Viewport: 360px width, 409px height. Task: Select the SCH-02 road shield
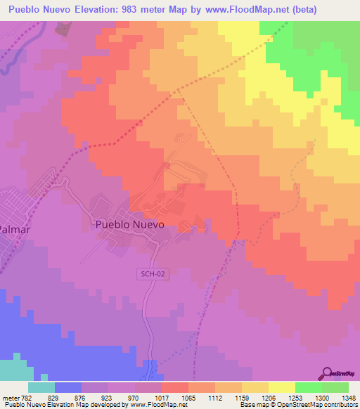(153, 274)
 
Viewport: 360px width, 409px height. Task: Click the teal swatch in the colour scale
(41, 387)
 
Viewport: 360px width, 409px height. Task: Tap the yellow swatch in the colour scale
(281, 387)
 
